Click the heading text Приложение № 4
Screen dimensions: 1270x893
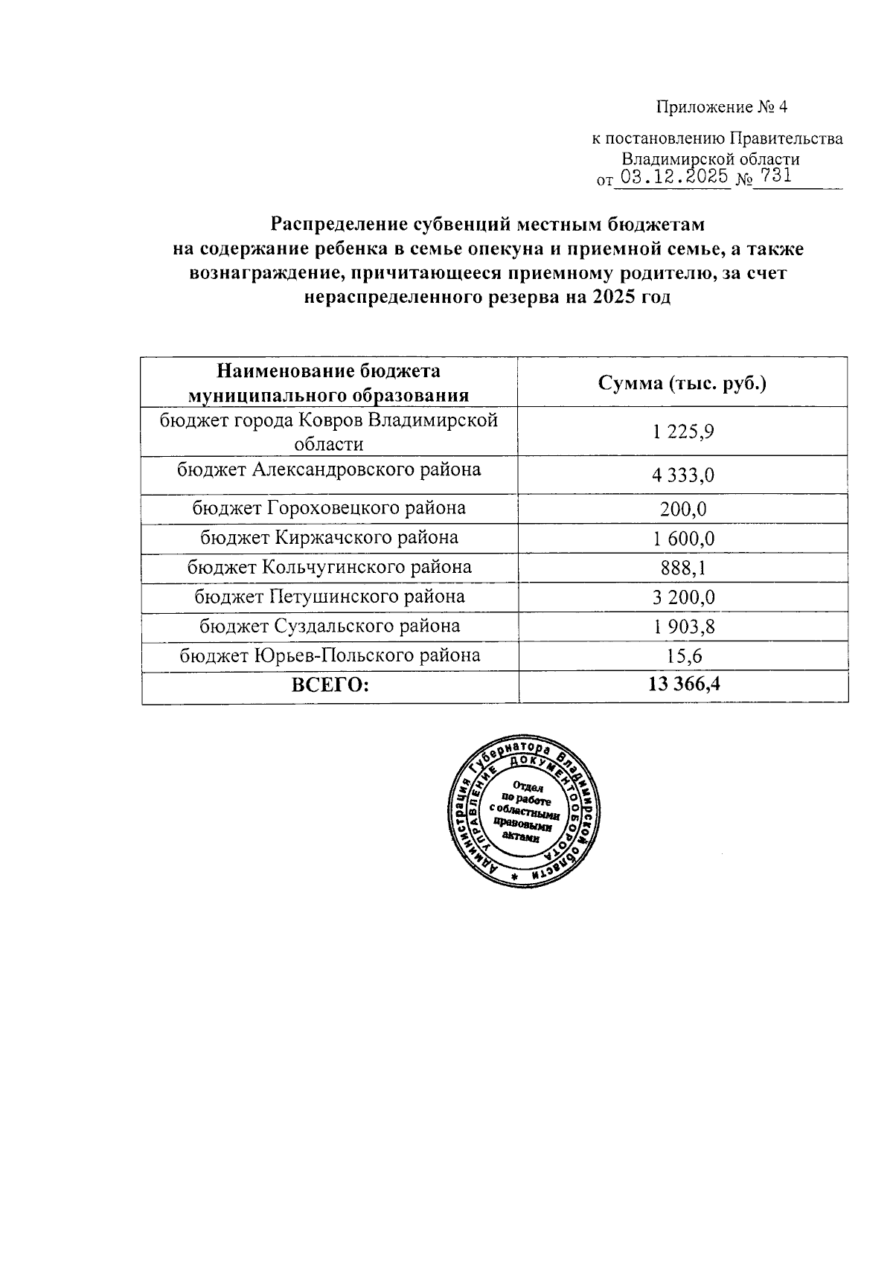coord(721,108)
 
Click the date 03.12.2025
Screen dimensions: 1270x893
coord(674,178)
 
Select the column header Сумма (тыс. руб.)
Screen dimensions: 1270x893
coord(682,383)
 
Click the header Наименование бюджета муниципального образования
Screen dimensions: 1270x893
coord(328,382)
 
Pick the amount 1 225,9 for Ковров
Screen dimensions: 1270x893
coord(683,432)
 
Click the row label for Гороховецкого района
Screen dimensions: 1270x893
coord(329,508)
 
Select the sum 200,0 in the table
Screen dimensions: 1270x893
coord(683,510)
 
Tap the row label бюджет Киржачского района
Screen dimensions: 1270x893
coord(329,537)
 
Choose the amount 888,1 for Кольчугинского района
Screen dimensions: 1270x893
coord(683,568)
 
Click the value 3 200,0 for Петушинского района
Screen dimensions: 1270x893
coord(683,597)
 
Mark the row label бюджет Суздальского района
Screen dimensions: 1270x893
coord(329,626)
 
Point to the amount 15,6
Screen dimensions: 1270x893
coord(683,656)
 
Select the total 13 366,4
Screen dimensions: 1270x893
coord(683,685)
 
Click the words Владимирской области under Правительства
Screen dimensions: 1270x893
coord(710,158)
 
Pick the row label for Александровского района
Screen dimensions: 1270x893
coord(329,469)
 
